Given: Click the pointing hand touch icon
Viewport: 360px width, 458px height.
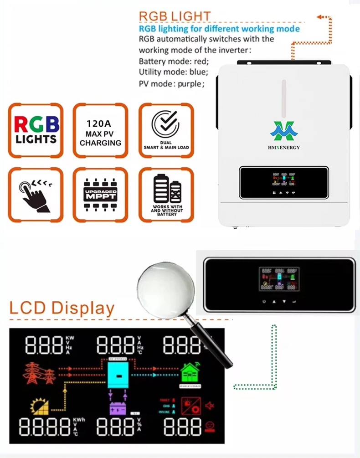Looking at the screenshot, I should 35,195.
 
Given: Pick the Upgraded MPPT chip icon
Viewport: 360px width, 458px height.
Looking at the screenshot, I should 100,195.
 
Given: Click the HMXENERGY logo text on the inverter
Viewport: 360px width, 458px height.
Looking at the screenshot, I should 284,147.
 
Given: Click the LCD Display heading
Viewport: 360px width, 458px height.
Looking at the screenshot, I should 62,308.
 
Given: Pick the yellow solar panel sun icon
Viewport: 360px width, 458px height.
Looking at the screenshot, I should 40,406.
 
